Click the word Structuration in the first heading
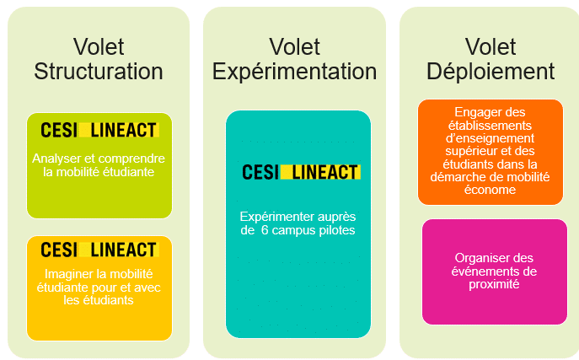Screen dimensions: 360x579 [99, 71]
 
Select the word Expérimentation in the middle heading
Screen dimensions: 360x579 [294, 71]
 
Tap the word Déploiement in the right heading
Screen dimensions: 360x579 [490, 71]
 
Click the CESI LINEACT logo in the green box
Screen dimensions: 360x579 [99, 130]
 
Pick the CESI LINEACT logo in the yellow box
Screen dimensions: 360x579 [99, 250]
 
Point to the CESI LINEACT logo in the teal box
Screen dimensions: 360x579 [301, 172]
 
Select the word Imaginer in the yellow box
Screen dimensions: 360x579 [69, 274]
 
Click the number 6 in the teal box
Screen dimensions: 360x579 [265, 229]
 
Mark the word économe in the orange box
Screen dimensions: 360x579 [490, 190]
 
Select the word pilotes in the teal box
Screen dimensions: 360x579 [335, 229]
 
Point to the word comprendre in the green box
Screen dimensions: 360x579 [133, 158]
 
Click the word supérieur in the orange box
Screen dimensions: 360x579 [464, 151]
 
